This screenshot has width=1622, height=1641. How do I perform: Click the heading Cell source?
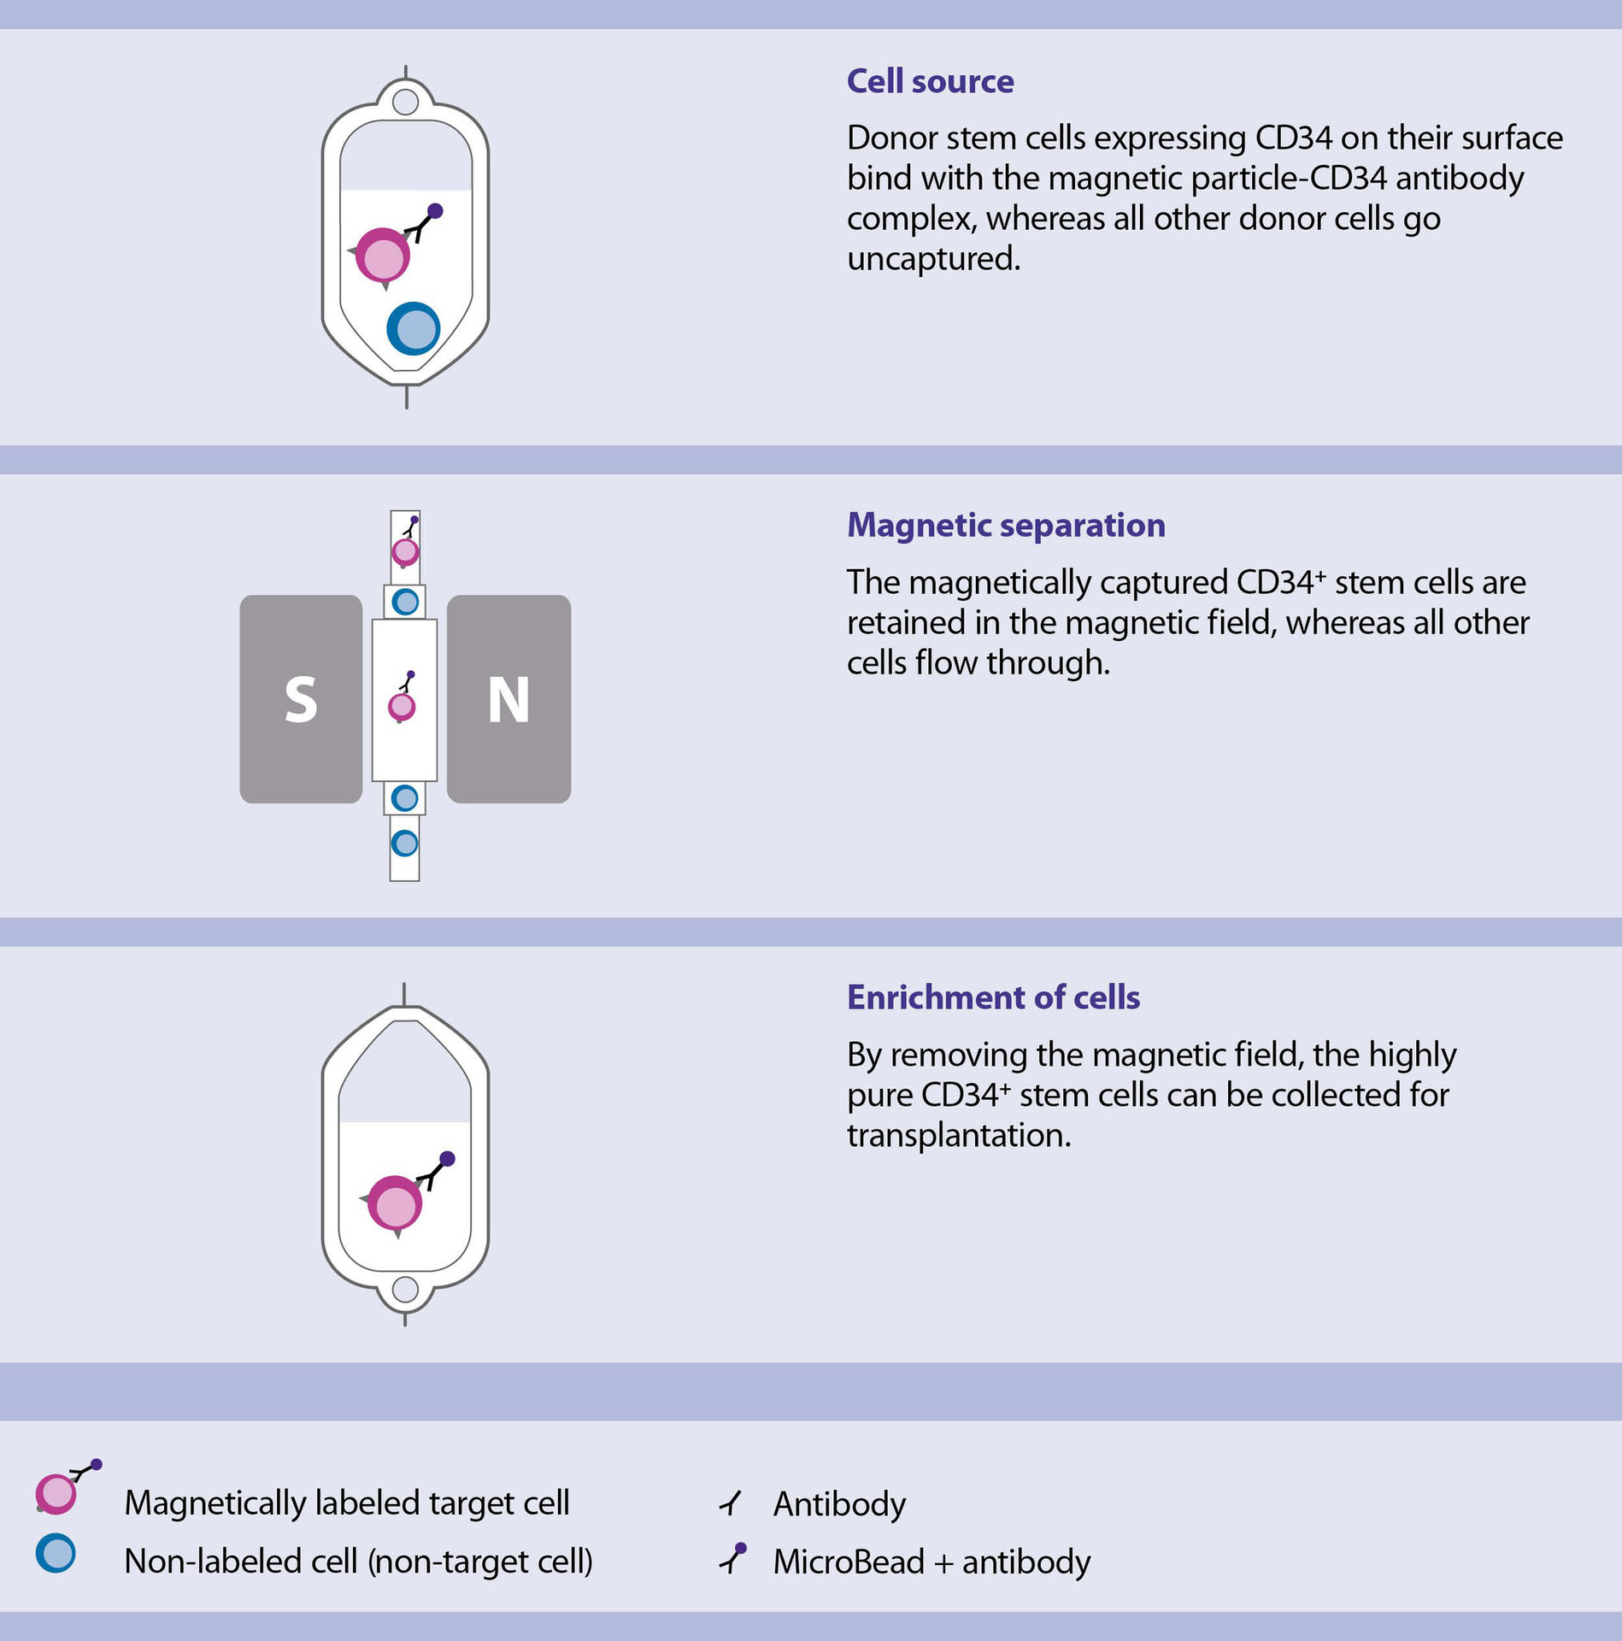point(930,82)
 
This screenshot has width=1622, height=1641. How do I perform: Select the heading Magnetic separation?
point(1006,525)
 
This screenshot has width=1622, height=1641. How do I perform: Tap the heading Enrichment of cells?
point(993,997)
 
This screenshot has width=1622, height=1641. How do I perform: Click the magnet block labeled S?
point(301,699)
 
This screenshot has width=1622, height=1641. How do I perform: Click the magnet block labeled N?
point(508,699)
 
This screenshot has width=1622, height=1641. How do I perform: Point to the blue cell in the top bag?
point(414,329)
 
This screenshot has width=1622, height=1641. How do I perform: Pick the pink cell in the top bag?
point(383,256)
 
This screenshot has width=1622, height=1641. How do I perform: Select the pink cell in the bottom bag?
point(395,1204)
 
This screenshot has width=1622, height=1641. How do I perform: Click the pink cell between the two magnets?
point(402,707)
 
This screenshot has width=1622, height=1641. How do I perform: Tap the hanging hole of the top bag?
point(405,103)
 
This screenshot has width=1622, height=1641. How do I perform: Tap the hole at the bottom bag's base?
point(405,1290)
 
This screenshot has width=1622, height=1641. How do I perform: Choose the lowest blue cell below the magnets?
point(404,844)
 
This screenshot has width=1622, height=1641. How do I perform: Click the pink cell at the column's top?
point(405,551)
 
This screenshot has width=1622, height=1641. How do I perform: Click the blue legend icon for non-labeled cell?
point(56,1554)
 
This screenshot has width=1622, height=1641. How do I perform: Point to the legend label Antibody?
point(839,1503)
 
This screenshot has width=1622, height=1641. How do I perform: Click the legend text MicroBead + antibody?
point(932,1562)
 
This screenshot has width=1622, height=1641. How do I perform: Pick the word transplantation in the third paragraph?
point(959,1136)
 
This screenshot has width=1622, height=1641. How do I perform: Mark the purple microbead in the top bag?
point(435,210)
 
